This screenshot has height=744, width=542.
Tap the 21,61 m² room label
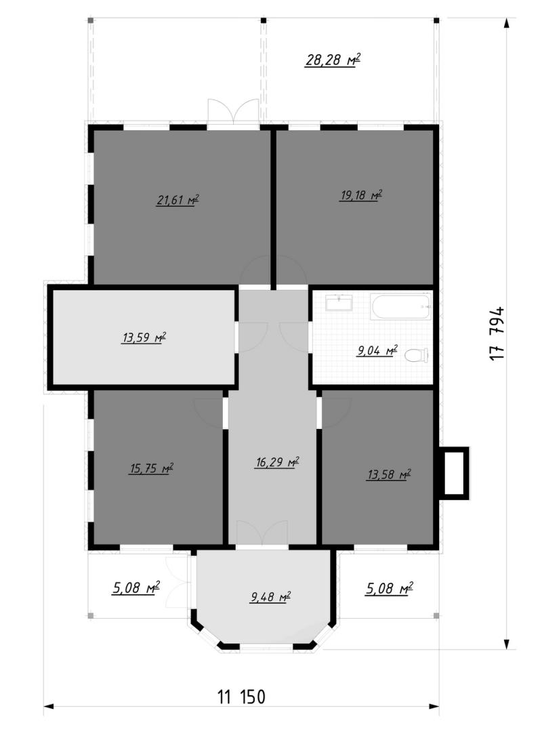178,200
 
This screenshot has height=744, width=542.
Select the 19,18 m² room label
361,194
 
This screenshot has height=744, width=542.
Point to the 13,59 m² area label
144,337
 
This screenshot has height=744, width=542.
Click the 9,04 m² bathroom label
377,350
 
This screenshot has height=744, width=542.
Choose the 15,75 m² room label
151,468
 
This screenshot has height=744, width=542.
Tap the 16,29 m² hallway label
277,461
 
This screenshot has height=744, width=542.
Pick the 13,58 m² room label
389,474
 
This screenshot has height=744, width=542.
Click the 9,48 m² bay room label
270,596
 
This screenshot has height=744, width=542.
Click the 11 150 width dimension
242,697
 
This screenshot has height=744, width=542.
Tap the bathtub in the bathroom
402,306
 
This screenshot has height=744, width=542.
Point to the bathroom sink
339,302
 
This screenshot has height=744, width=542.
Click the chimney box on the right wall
454,472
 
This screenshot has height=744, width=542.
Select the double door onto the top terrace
233,112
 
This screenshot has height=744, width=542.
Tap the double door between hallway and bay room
262,534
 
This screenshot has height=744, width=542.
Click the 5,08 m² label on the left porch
135,588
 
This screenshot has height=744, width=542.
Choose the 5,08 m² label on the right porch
389,588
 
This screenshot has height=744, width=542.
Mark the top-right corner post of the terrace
436,20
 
